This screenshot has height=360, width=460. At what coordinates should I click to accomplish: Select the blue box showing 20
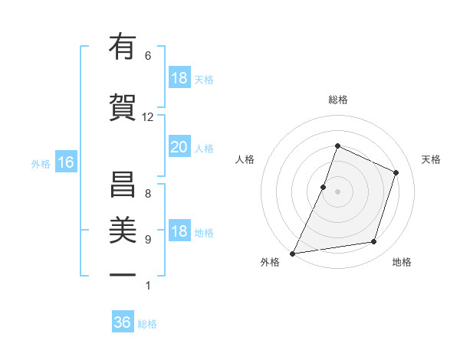click(179, 148)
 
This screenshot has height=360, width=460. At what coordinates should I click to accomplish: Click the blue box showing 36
click(122, 322)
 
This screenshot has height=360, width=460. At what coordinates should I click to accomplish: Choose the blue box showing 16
click(65, 162)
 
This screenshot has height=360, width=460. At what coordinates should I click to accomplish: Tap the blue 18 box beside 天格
click(179, 79)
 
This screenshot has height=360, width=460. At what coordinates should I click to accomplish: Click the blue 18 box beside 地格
click(179, 232)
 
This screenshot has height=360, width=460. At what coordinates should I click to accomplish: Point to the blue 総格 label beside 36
click(147, 324)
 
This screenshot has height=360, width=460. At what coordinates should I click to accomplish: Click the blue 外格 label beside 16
click(41, 163)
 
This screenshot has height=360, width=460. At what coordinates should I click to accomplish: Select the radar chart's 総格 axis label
click(337, 100)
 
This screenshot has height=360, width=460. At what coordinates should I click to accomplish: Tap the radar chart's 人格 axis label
click(245, 159)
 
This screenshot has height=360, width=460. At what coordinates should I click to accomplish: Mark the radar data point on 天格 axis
click(396, 172)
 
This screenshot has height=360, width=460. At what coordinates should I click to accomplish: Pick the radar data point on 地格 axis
click(374, 242)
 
